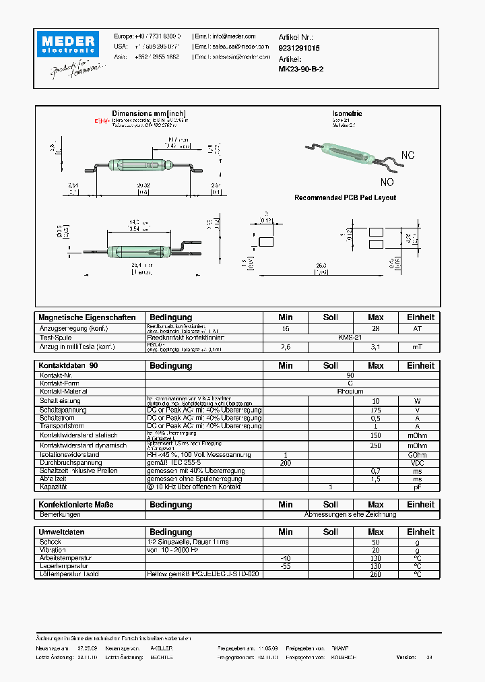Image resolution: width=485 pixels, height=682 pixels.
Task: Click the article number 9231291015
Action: tap(299, 49)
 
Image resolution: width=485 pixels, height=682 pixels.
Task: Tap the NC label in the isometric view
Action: tap(408, 156)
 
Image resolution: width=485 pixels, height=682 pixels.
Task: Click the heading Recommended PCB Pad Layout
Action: tap(345, 197)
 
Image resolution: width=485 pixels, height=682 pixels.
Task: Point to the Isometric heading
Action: tap(347, 114)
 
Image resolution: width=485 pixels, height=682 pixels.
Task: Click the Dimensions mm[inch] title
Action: tap(149, 113)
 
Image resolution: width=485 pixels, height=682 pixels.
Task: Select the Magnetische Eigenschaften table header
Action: tap(88, 317)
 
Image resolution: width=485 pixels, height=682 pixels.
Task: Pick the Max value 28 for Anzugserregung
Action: tap(376, 328)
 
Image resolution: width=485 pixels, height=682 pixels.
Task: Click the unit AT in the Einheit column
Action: tap(418, 328)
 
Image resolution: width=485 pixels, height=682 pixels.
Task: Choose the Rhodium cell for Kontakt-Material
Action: tap(350, 391)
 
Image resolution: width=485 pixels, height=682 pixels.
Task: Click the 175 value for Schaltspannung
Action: tap(376, 410)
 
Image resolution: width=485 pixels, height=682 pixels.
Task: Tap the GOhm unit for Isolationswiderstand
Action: tap(418, 455)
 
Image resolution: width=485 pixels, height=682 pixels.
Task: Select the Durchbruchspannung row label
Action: tap(71, 464)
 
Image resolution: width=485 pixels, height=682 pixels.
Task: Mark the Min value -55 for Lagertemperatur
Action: tap(286, 566)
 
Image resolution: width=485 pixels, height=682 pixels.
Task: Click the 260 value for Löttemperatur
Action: tap(376, 574)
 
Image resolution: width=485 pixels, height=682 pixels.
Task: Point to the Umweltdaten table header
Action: tap(63, 532)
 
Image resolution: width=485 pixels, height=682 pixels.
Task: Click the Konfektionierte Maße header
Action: tap(76, 505)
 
